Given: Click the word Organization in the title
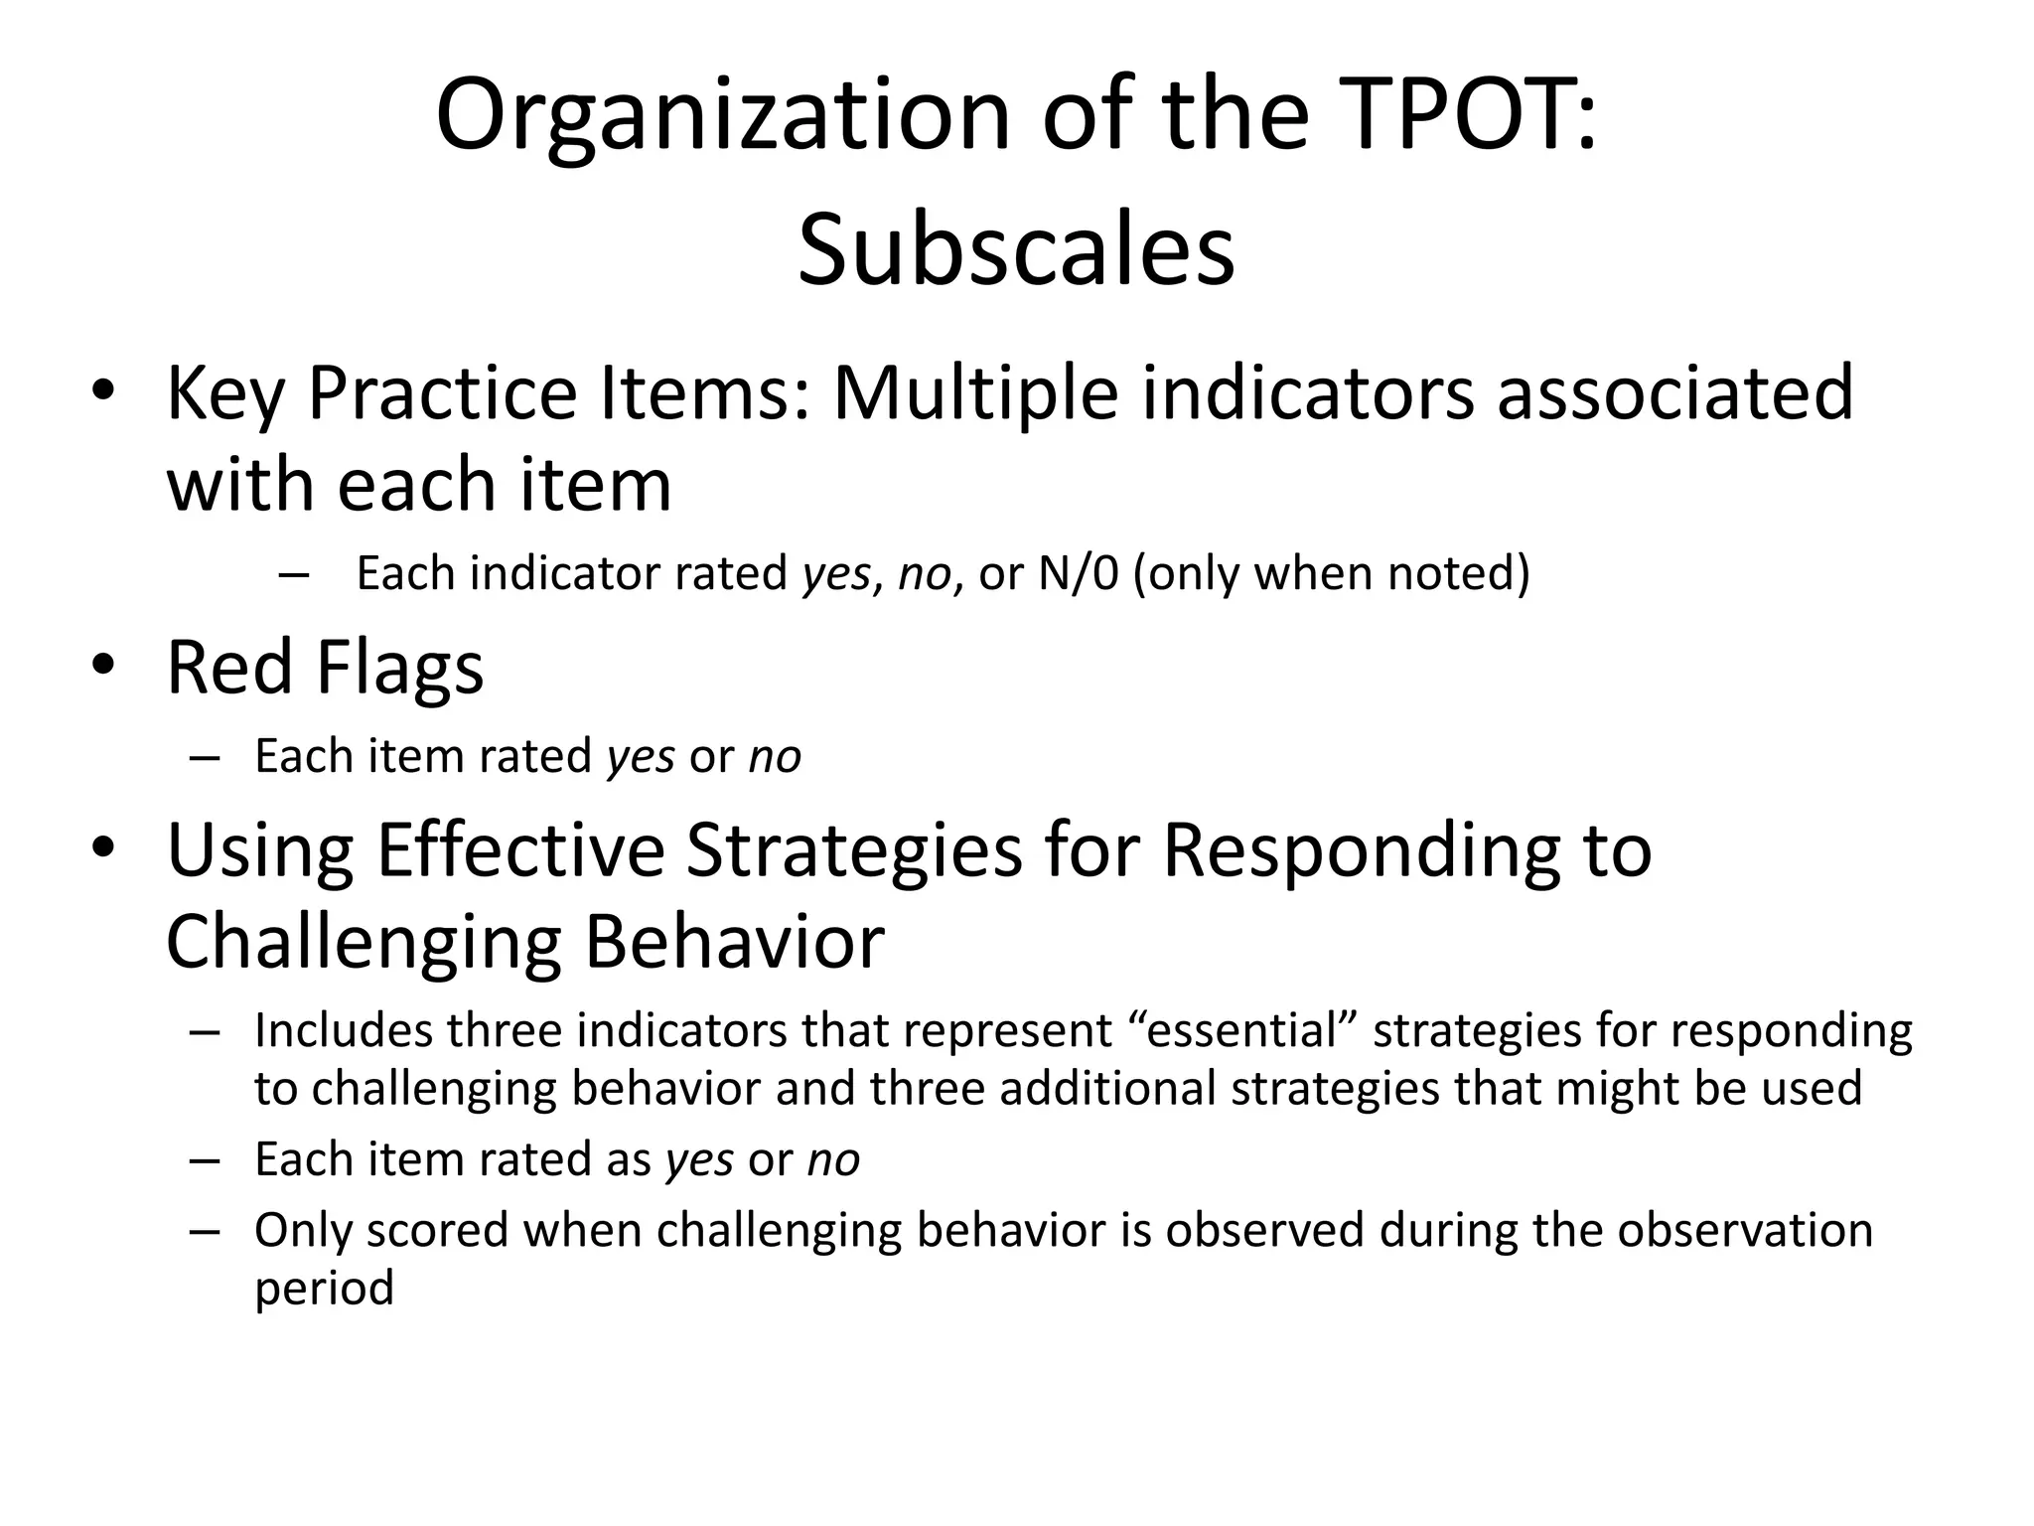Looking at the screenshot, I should click(x=723, y=117).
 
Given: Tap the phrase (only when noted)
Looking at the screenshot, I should click(x=1331, y=574).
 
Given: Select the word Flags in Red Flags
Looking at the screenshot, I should click(x=399, y=668).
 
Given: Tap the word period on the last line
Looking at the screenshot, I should click(x=324, y=1290).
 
